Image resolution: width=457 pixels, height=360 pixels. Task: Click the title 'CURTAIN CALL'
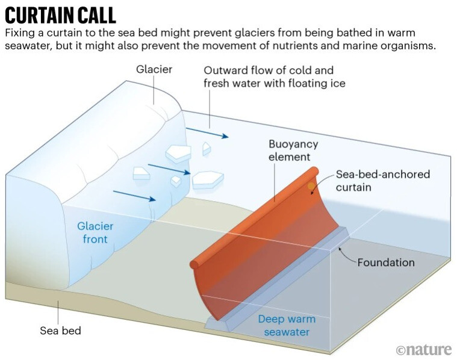[60, 14]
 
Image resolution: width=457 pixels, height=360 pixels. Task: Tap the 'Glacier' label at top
[154, 69]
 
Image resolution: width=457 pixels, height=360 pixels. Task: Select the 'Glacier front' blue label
[95, 233]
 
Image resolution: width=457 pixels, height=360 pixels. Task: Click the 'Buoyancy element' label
[293, 151]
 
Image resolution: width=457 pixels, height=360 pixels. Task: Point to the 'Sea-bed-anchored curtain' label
[384, 180]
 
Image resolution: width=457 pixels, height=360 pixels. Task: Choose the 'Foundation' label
[386, 262]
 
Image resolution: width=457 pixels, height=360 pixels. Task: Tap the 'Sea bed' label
[60, 331]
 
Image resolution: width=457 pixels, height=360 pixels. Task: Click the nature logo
[423, 349]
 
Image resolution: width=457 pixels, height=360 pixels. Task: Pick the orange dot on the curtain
[311, 187]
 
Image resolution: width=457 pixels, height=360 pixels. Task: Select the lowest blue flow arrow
[134, 197]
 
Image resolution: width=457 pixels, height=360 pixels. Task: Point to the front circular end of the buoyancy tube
[194, 264]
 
